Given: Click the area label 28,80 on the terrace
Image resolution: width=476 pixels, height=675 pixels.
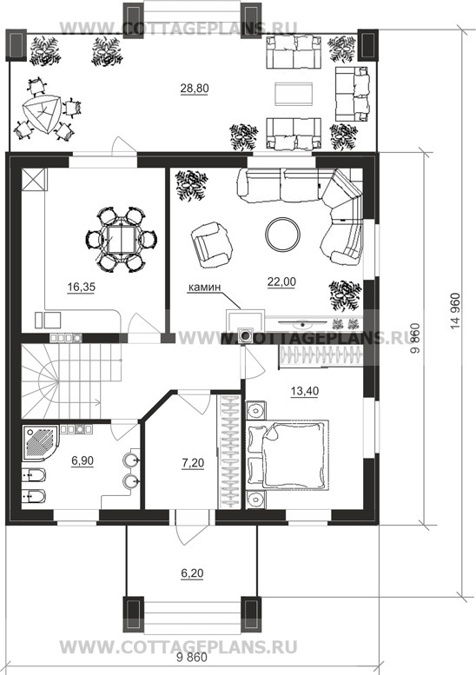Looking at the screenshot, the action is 195,89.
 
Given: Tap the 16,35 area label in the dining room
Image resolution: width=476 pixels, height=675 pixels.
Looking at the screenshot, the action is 81,288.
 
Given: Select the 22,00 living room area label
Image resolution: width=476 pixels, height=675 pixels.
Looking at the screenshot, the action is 281,282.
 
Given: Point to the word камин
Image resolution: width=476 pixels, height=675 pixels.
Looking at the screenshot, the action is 204,288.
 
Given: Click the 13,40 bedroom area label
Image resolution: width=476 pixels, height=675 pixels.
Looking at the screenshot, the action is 305,391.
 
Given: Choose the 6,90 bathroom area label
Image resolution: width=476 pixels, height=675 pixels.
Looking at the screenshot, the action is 83,461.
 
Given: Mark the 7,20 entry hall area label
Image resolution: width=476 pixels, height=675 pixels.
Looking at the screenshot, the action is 193,463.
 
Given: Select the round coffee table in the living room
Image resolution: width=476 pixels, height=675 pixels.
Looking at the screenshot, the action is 283,235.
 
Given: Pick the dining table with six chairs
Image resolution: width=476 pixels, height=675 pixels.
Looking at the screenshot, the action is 122,240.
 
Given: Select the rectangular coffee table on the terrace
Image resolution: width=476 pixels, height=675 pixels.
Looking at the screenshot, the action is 294,96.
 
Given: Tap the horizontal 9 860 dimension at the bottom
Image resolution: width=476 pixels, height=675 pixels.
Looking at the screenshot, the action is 191,658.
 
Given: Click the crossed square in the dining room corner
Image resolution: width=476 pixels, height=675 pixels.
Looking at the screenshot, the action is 33,180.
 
